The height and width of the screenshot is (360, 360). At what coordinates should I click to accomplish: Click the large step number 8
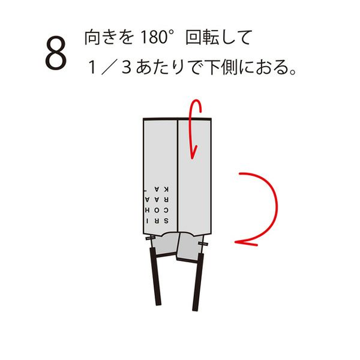56,53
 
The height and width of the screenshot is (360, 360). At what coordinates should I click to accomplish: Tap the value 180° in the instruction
156,37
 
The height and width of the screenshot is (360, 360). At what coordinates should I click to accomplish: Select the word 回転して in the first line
219,37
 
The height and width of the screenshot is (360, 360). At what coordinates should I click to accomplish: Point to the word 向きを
109,37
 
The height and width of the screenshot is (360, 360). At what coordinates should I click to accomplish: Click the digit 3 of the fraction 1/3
127,67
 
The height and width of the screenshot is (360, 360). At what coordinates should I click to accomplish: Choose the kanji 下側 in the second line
222,67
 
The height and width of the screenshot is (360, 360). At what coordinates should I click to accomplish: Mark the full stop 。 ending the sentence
293,71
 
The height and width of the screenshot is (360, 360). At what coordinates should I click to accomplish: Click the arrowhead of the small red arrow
193,152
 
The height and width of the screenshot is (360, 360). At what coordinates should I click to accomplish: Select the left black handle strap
155,276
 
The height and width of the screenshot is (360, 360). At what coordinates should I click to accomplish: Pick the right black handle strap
198,282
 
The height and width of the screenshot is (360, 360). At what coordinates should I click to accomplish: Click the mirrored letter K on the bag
166,190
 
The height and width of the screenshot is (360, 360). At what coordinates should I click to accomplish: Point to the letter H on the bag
147,210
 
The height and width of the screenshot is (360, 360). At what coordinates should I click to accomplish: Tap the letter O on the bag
157,210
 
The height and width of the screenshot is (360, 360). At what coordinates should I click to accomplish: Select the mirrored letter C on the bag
166,210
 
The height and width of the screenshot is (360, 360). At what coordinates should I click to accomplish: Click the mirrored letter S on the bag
166,221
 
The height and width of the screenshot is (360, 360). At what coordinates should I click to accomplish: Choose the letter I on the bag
147,221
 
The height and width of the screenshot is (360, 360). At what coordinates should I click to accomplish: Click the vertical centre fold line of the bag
178,175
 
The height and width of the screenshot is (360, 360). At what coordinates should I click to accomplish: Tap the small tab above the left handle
150,238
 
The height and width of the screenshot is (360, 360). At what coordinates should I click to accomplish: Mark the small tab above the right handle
203,244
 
